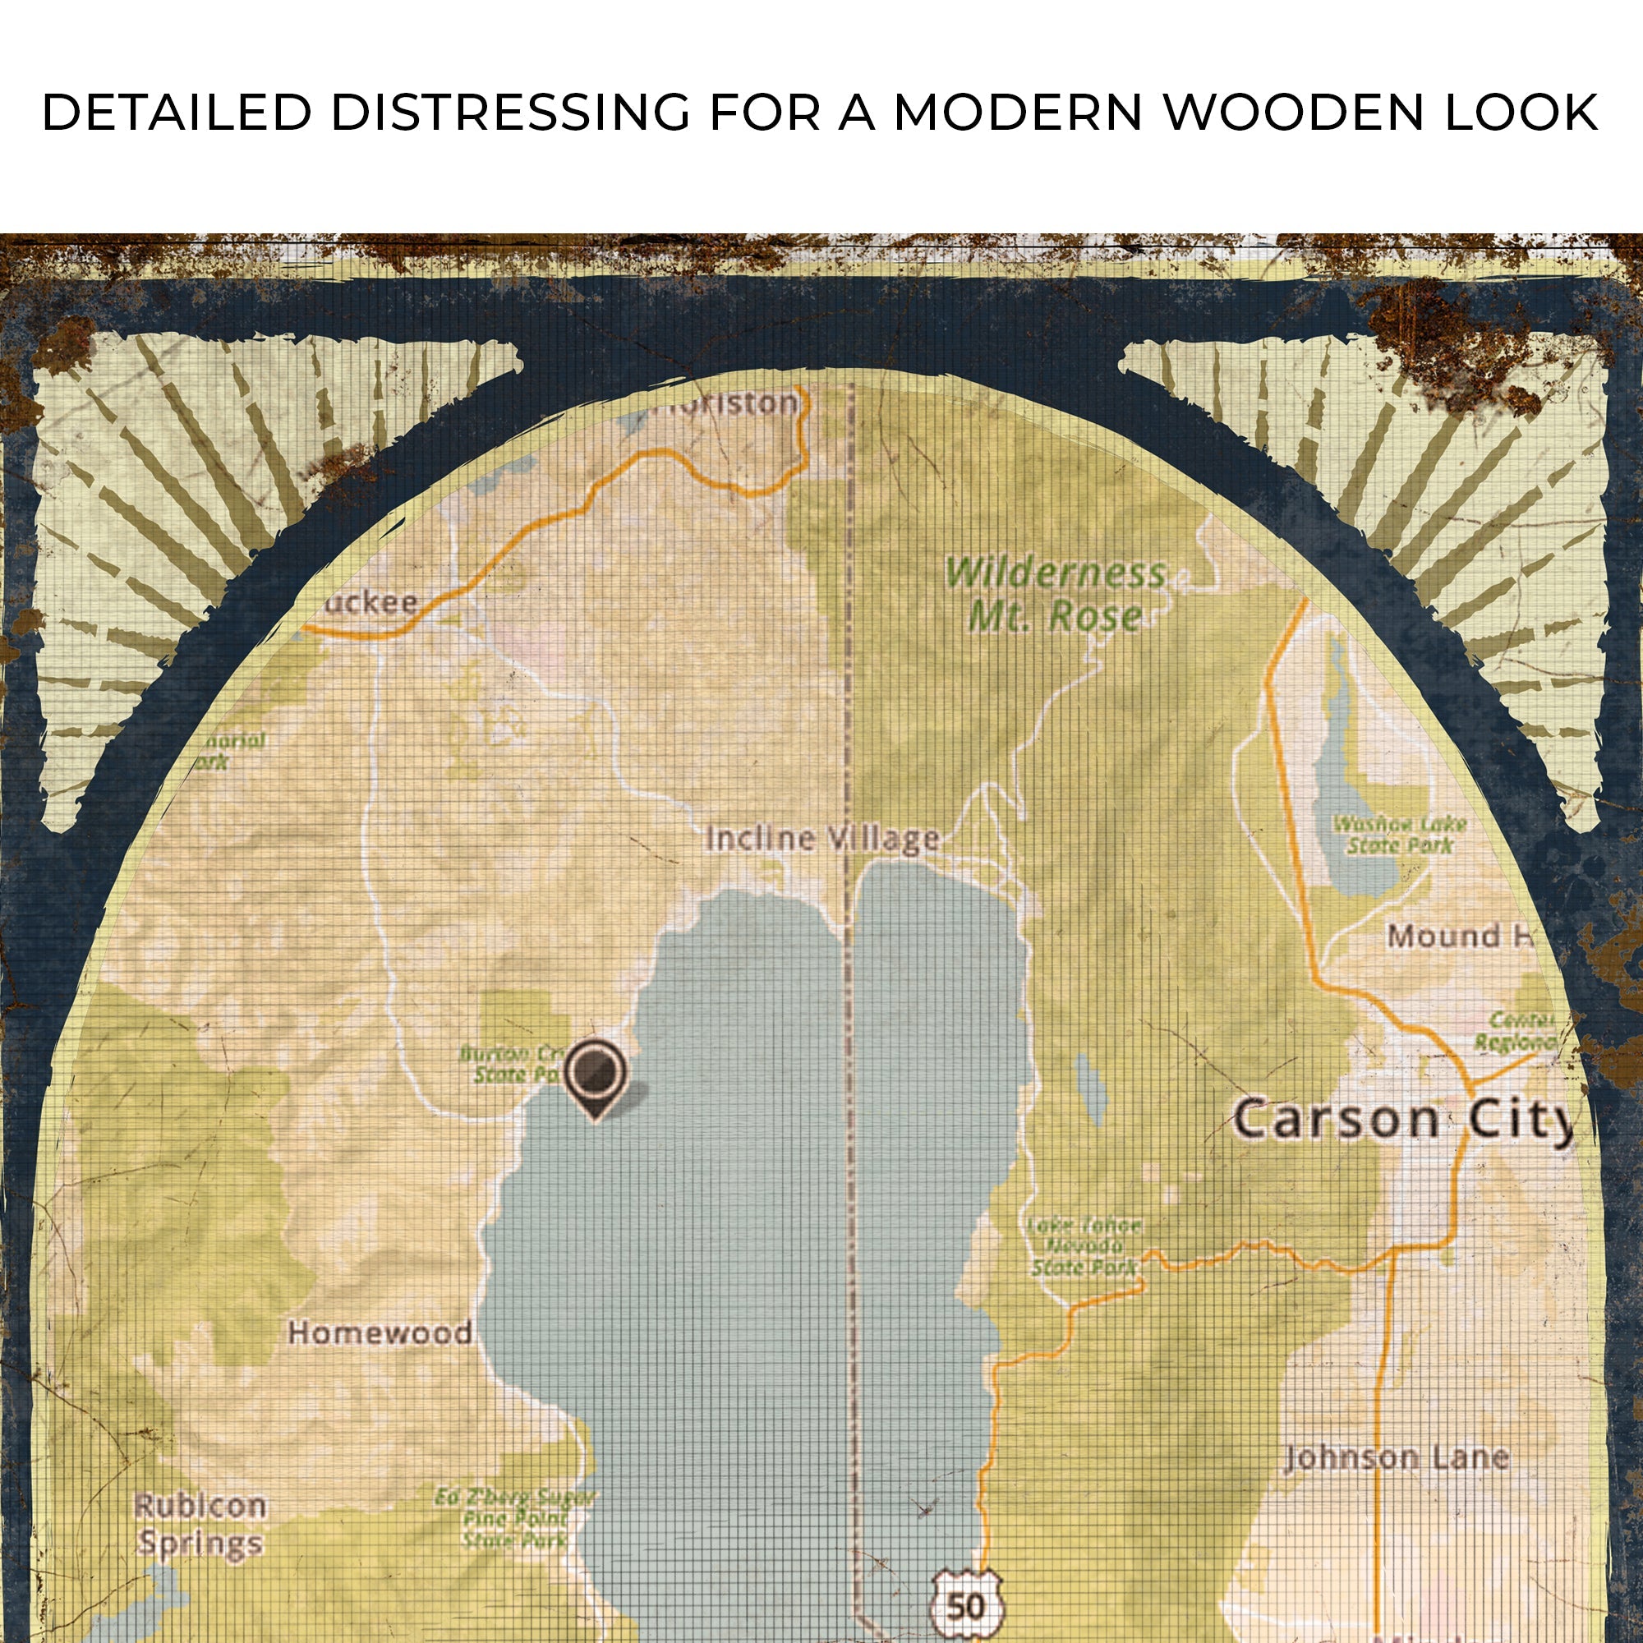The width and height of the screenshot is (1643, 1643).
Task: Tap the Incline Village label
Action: tap(821, 840)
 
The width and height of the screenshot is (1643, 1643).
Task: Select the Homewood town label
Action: tap(380, 1332)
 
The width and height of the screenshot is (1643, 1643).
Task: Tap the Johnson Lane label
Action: tap(1396, 1457)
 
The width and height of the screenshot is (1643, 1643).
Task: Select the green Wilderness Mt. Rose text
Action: tap(1055, 595)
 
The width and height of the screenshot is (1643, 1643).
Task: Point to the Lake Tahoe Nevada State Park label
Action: tap(1084, 1246)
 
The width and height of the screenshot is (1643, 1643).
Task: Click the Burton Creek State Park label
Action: tap(509, 1064)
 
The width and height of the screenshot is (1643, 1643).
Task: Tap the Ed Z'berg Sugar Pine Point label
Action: tap(513, 1516)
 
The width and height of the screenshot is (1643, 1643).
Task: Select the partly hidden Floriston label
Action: tap(727, 403)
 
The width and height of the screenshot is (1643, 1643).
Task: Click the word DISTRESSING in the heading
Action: tap(510, 113)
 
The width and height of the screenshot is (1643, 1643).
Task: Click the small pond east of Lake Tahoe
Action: tap(1090, 1088)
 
